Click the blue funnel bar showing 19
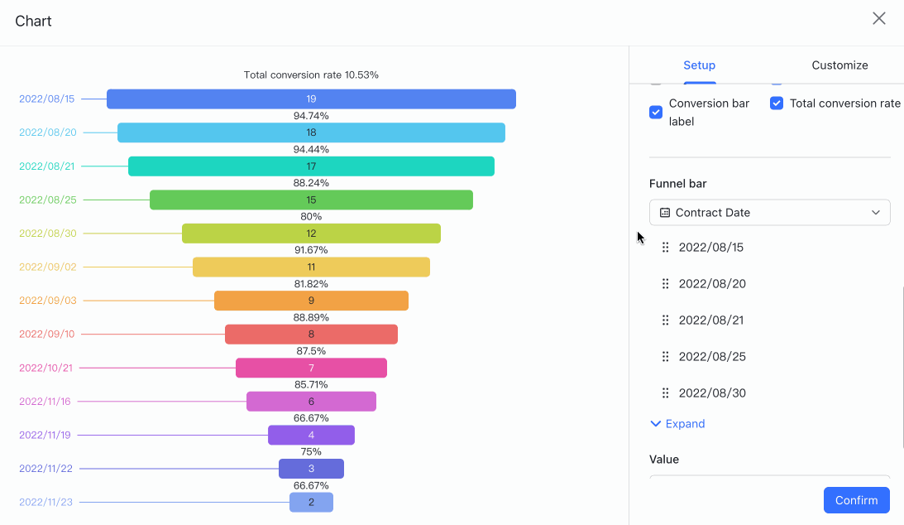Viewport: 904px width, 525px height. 311,99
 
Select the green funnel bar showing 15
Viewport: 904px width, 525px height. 311,200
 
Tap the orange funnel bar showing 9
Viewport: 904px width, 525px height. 311,301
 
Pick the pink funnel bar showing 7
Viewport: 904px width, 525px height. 311,368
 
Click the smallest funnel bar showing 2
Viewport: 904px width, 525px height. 311,502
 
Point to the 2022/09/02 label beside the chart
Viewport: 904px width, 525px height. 47,267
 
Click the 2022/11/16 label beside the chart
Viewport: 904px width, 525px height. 45,402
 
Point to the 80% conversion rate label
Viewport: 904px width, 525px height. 311,216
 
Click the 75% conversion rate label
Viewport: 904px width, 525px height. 311,451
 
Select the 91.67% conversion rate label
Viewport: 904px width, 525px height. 311,250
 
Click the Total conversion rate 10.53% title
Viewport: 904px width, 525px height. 311,75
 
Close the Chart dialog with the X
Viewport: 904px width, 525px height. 879,19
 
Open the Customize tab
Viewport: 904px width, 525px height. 839,65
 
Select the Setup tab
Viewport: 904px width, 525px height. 699,65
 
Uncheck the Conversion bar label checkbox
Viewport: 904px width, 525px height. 656,112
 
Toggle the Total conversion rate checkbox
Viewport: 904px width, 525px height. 777,104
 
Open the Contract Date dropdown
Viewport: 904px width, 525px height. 769,213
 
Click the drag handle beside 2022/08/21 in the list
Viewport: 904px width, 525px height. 665,320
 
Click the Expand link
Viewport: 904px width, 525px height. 677,424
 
